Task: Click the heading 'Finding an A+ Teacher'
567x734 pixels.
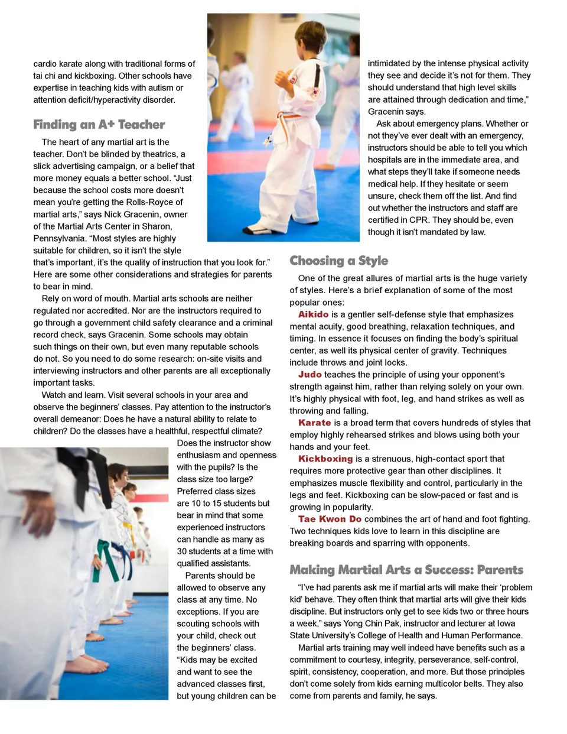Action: [99, 125]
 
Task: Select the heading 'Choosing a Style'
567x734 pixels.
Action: [338, 261]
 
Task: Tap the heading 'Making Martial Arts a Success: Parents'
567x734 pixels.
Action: [406, 570]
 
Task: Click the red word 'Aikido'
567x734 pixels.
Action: [313, 314]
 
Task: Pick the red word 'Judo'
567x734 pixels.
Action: [309, 375]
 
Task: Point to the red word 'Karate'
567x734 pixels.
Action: [314, 423]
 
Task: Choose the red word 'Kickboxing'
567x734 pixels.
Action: [325, 459]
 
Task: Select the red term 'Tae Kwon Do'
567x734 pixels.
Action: [329, 519]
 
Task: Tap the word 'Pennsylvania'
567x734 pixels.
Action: [59, 238]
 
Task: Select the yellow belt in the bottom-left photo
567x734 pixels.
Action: [127, 526]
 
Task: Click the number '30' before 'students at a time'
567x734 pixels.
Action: [183, 551]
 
